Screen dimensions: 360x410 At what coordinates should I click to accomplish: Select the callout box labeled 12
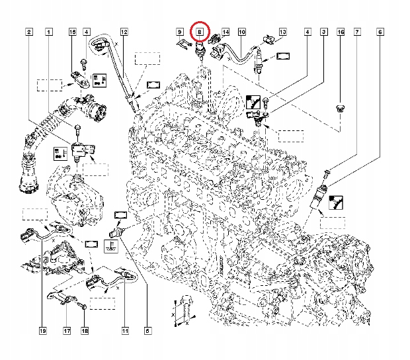(x=124, y=32)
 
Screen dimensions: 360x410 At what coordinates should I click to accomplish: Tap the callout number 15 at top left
(x=73, y=32)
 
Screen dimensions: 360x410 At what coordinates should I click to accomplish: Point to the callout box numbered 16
(x=341, y=32)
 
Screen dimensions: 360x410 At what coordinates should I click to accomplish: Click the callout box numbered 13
(x=282, y=32)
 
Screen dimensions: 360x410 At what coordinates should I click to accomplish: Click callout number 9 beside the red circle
(x=179, y=32)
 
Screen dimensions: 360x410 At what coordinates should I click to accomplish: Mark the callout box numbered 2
(x=28, y=32)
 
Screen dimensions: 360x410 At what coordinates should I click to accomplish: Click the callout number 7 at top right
(x=357, y=32)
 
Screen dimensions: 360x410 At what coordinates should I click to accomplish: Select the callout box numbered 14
(x=225, y=32)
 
